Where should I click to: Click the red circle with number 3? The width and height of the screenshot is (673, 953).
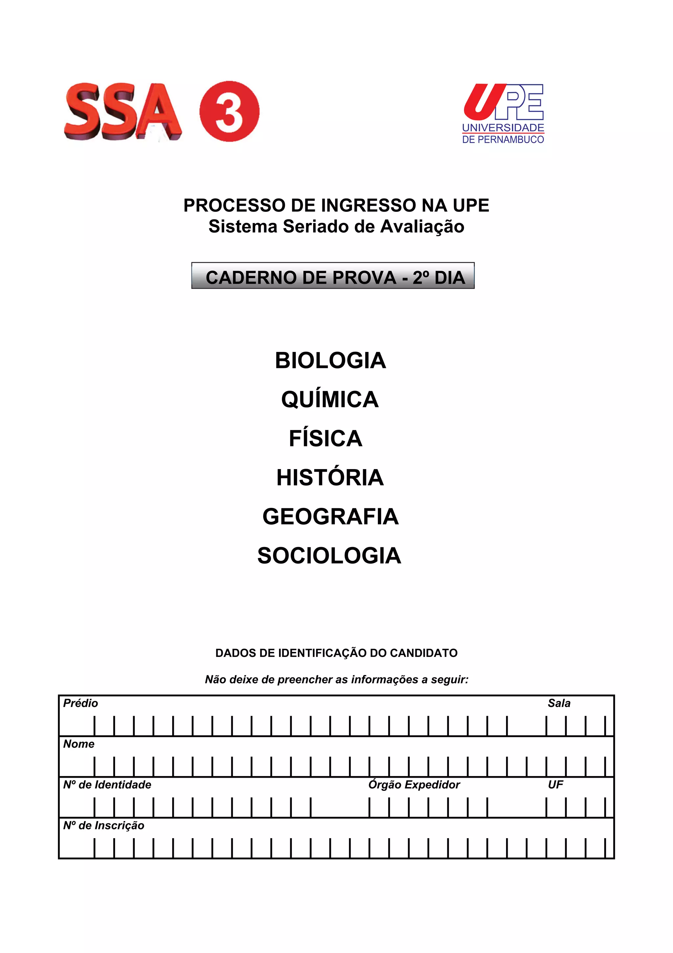coord(229,111)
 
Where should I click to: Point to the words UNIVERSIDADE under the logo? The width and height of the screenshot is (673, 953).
coord(503,128)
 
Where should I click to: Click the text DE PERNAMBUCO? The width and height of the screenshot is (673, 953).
coord(503,139)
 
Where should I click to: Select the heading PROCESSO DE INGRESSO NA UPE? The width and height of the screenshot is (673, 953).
coord(336,206)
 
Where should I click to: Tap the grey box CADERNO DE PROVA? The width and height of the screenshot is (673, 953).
coord(333,276)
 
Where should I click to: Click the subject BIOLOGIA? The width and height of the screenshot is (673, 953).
coord(331,360)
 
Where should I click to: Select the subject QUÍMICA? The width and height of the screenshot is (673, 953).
coord(330,399)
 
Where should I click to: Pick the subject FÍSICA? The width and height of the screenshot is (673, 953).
coord(326,438)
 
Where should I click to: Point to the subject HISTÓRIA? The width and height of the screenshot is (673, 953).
coord(330,477)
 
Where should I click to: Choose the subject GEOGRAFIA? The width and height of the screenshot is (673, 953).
coord(331,516)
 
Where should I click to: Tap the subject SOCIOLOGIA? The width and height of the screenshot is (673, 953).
coord(329,555)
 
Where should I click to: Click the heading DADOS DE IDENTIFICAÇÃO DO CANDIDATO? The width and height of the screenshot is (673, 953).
coord(336,653)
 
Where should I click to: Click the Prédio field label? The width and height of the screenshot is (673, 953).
coord(81,703)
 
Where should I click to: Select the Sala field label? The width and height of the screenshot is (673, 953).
coord(559,703)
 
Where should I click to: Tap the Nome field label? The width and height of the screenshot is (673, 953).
coord(79,744)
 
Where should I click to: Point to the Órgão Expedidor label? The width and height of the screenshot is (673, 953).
coord(414,785)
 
